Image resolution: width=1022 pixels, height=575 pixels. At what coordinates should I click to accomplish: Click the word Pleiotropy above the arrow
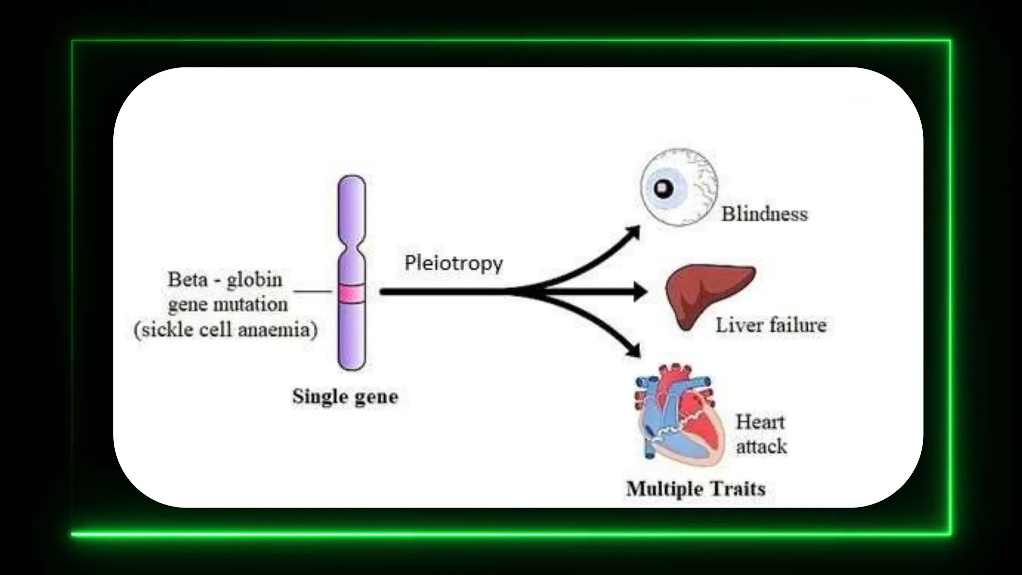point(453,263)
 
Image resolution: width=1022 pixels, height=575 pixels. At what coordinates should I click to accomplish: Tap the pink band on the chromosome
point(351,293)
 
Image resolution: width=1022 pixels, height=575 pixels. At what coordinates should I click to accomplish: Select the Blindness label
point(765,214)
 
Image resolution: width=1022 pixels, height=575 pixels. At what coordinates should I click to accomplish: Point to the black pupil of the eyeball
point(663,189)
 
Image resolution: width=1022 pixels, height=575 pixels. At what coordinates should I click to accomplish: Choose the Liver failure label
point(771,325)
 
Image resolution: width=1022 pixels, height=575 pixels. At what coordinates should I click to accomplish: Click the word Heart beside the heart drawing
point(760,422)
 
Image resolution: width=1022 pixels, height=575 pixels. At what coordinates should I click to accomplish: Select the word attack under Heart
point(762,446)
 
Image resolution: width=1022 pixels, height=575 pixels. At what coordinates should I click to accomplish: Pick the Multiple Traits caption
point(696,489)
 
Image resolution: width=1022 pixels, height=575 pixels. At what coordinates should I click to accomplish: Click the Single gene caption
point(345,397)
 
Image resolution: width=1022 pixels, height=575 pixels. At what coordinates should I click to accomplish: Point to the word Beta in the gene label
point(188,280)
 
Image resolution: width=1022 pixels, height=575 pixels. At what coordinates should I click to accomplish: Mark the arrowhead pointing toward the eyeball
point(634,232)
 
